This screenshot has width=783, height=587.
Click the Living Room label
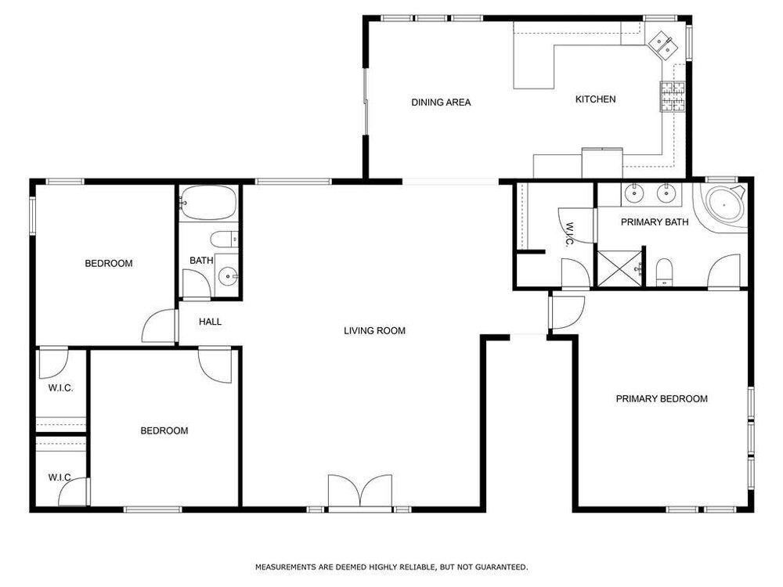(x=374, y=330)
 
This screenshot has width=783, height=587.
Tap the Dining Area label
(x=441, y=103)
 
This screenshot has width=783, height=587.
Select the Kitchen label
(x=595, y=99)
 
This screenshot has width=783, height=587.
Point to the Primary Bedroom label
(x=662, y=399)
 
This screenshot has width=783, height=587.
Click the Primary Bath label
(x=655, y=222)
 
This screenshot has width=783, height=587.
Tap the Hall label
(x=210, y=322)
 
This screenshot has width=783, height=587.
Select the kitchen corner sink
(x=663, y=42)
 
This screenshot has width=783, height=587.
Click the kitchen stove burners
(x=673, y=96)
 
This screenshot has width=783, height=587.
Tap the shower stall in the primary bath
(x=619, y=268)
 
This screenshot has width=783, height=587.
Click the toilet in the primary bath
(x=664, y=272)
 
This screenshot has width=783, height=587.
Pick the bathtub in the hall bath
(x=207, y=203)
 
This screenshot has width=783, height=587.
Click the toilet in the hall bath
(x=224, y=239)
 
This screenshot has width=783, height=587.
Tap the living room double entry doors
(x=359, y=492)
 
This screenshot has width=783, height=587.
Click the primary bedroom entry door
(x=567, y=312)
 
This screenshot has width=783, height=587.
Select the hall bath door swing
(x=196, y=284)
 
